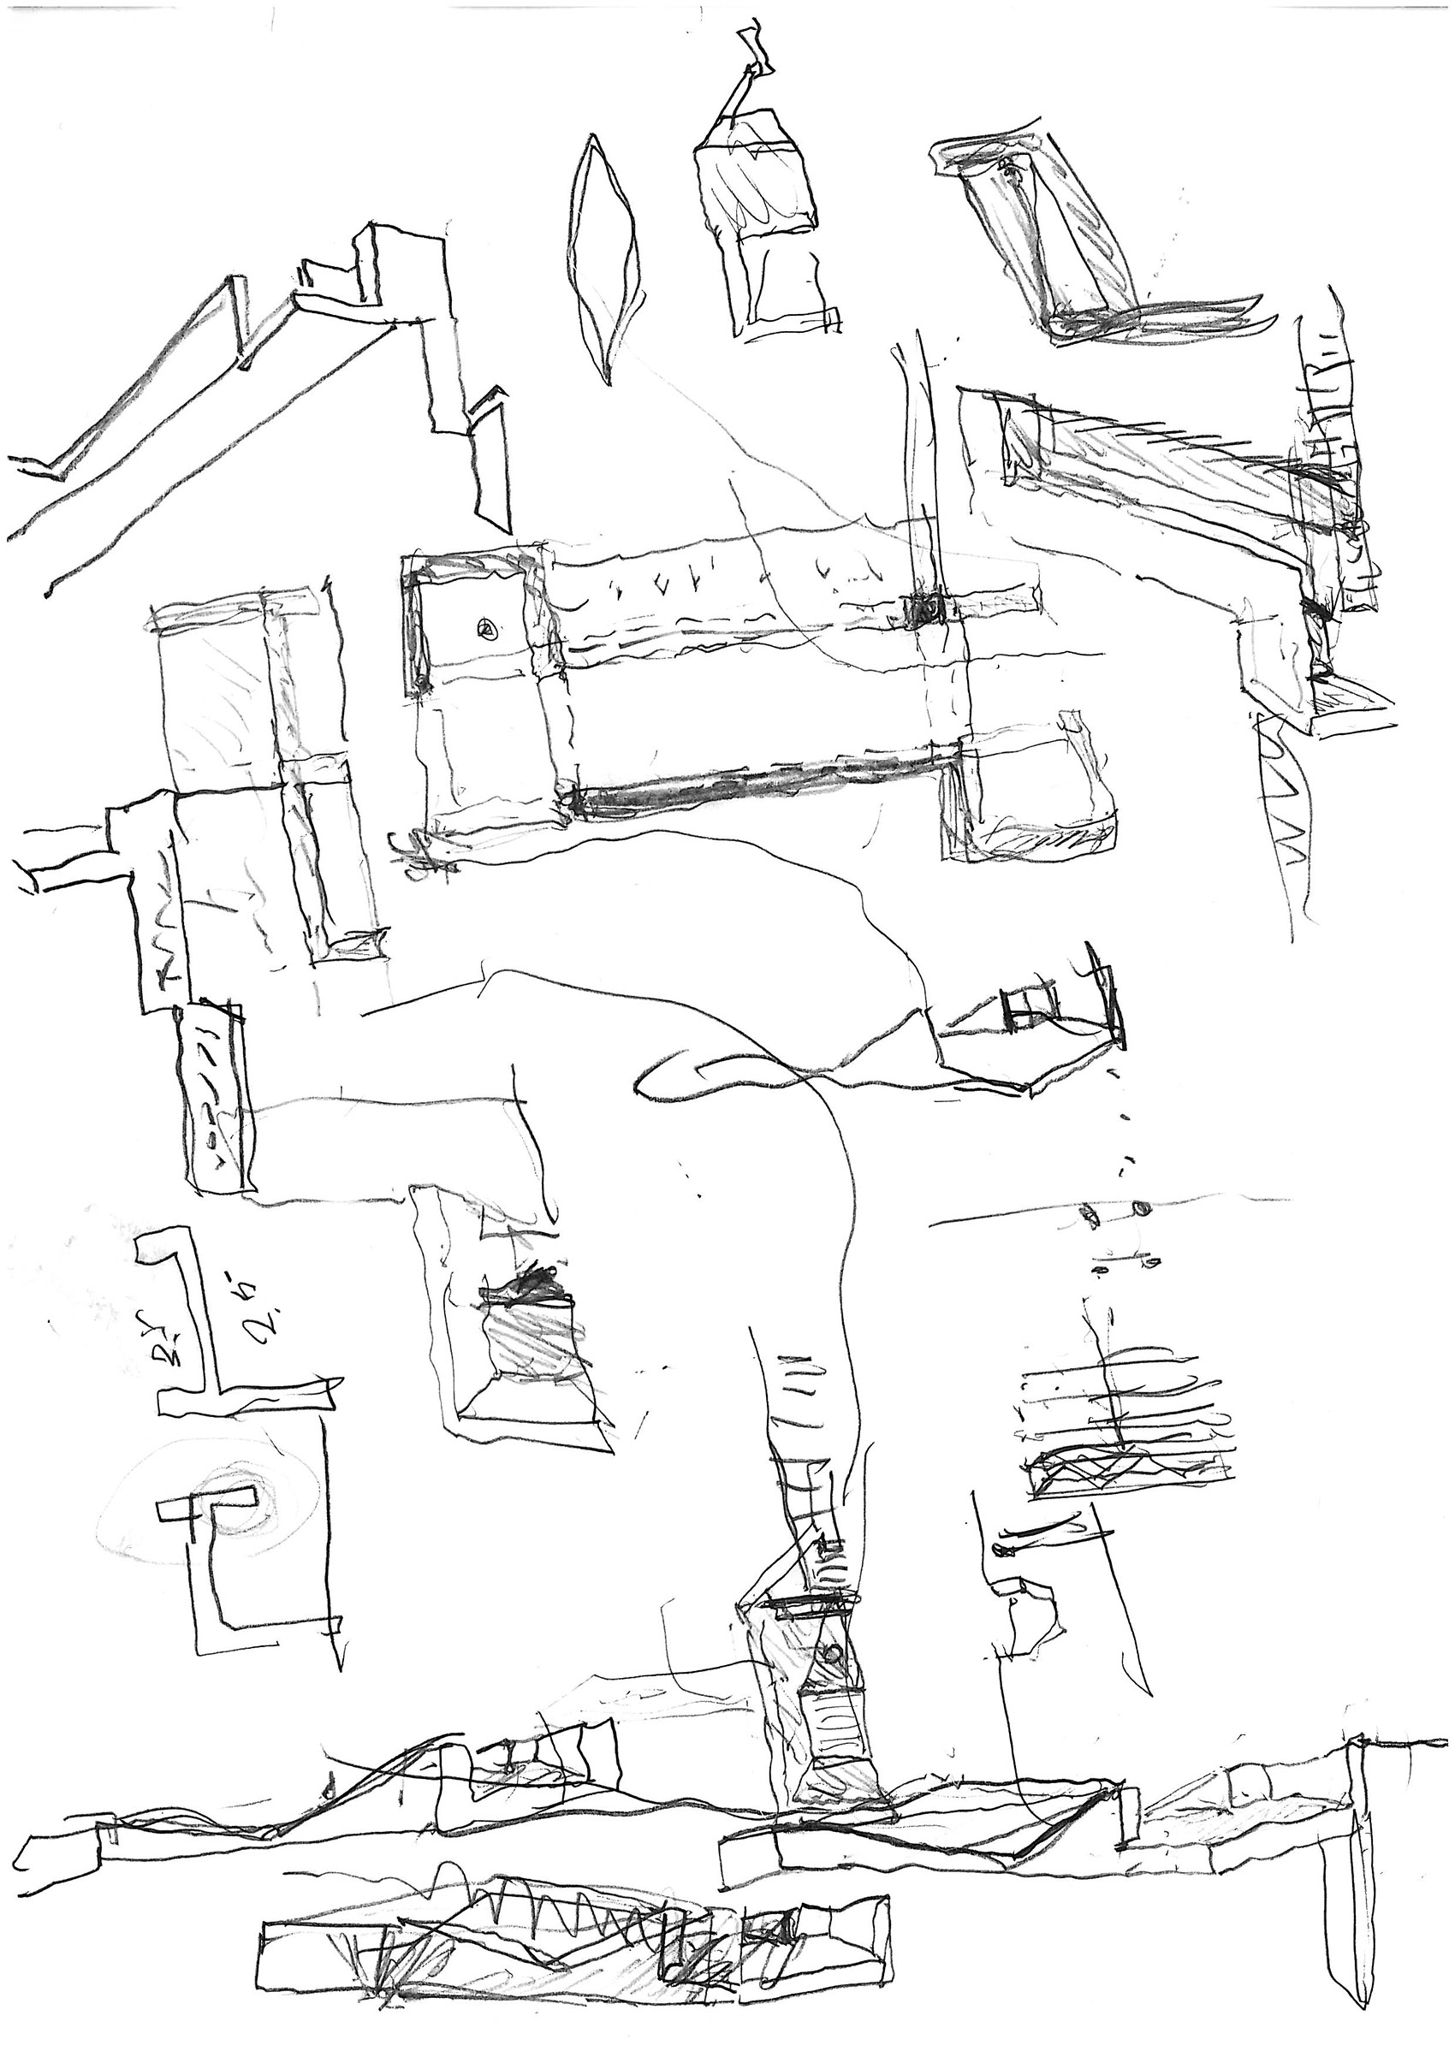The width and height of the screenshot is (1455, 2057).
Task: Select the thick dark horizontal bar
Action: click(x=762, y=776)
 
